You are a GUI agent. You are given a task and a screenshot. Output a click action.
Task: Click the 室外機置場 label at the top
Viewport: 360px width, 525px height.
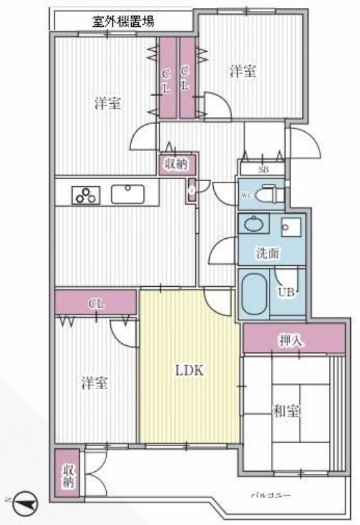tap(124, 21)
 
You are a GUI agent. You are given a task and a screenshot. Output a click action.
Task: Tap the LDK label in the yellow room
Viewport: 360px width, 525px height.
tap(190, 370)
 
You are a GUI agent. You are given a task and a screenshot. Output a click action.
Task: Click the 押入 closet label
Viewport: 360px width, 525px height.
tap(292, 341)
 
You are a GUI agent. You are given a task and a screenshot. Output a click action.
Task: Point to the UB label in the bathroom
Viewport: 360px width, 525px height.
tap(287, 292)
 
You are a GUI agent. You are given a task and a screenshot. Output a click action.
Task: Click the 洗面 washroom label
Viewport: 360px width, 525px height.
tap(269, 251)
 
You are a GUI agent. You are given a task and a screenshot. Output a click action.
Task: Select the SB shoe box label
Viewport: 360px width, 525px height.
tap(263, 170)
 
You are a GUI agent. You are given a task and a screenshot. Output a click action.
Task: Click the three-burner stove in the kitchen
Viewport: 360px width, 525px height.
tap(85, 194)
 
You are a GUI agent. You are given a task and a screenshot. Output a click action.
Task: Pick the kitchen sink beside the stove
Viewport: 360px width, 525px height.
tap(129, 194)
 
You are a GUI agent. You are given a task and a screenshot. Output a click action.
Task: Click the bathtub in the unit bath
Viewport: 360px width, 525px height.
tap(253, 293)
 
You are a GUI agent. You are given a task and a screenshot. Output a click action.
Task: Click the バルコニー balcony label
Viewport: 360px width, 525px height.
tap(270, 494)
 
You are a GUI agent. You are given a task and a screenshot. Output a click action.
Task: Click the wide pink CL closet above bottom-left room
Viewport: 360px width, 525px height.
tap(96, 303)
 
